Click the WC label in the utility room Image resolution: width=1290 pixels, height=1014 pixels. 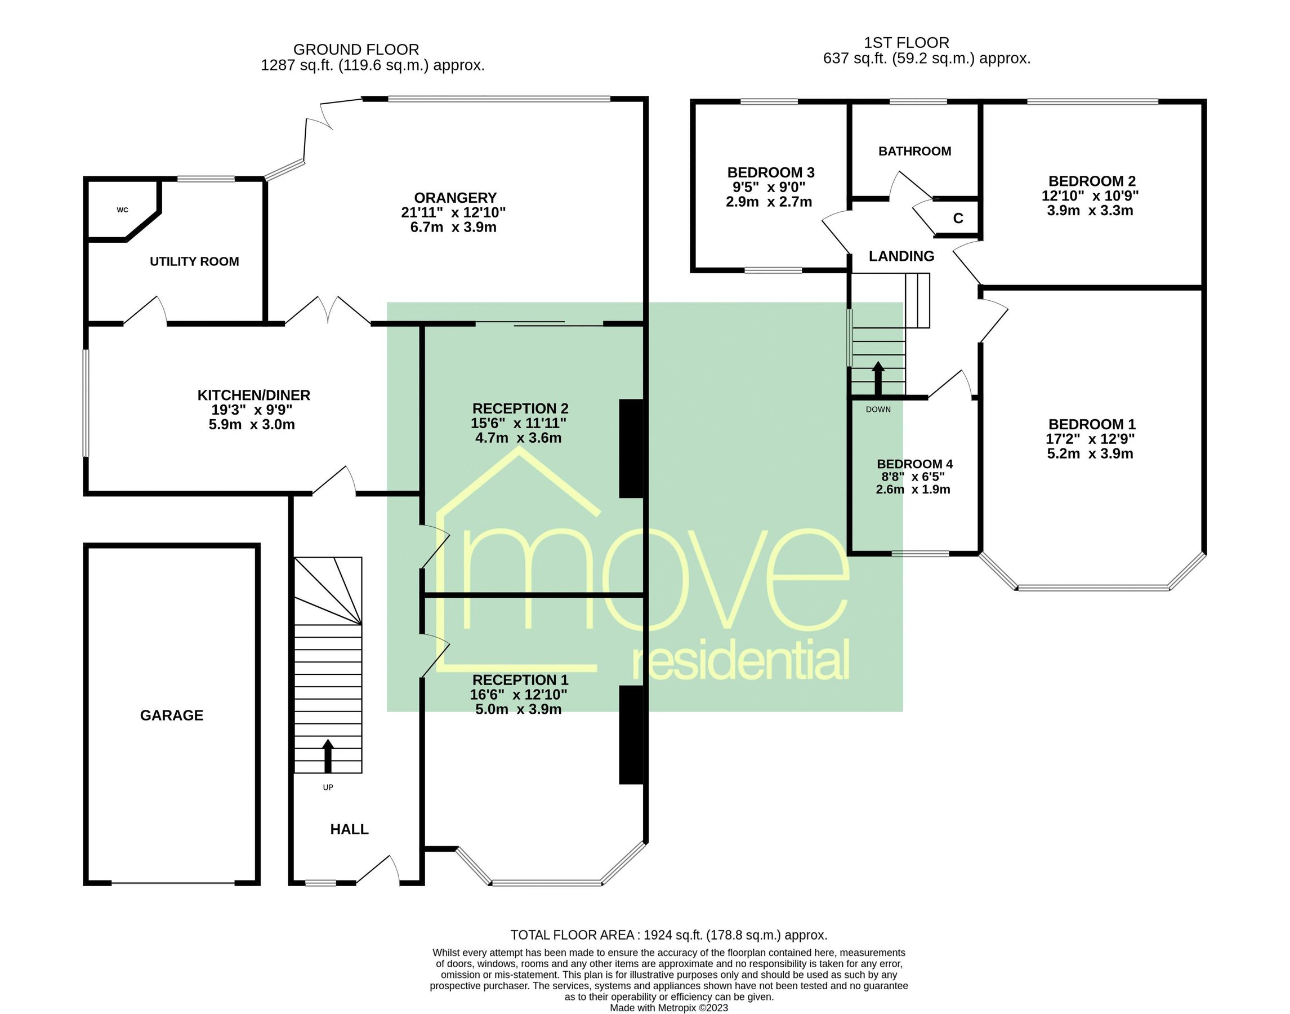[122, 210]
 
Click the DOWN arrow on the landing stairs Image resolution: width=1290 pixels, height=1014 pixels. [878, 378]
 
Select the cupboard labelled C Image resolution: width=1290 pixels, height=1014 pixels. [958, 219]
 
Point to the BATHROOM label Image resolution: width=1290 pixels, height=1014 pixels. [914, 152]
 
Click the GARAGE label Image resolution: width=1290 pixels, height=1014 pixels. [172, 715]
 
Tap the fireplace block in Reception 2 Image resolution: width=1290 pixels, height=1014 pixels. [631, 448]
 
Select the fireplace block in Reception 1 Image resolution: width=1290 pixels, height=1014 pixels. [631, 735]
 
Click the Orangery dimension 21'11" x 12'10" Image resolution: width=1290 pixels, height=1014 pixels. [453, 212]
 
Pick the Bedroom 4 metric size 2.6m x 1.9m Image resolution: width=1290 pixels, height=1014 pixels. [913, 490]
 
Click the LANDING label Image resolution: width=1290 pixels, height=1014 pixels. [901, 256]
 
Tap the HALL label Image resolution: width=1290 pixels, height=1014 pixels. [349, 829]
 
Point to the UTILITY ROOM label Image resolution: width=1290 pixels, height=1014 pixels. [194, 262]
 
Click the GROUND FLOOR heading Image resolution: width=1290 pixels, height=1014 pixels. [356, 49]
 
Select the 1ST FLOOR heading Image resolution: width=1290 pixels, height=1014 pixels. [906, 43]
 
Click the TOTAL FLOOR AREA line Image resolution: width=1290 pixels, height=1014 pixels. [669, 935]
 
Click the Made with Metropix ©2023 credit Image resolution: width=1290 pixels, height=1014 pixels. [669, 1007]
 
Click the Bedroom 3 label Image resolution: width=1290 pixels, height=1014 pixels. [770, 173]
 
